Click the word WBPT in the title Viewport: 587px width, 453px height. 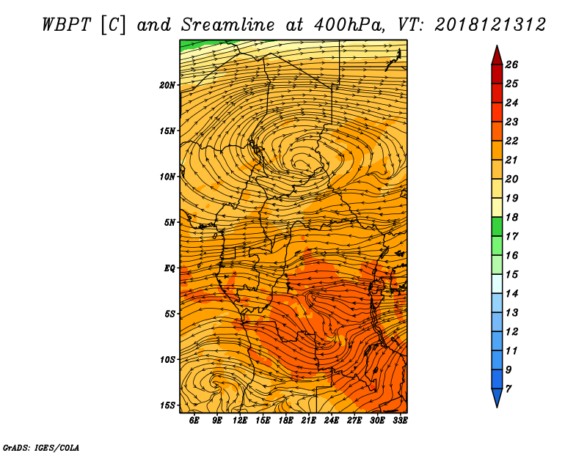[66, 25]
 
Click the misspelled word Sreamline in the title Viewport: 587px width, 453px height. [228, 25]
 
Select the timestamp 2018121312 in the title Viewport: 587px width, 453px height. [490, 25]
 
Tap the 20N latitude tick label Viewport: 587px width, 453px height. [167, 85]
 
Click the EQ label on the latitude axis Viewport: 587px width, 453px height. [169, 268]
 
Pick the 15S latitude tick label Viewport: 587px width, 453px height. [167, 405]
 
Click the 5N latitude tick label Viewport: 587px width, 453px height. [169, 223]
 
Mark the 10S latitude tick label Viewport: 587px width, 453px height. [167, 360]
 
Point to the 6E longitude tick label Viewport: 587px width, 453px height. [194, 420]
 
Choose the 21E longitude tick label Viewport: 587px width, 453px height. [308, 420]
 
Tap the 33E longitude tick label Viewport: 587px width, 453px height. [400, 420]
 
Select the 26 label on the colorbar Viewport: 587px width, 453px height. [511, 65]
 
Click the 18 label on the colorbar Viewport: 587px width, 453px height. [511, 217]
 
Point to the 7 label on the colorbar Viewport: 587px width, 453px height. [508, 389]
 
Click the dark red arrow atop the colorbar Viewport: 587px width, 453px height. [497, 56]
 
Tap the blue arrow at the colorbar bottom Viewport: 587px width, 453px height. [497, 397]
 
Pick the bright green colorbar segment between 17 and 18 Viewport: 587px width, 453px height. [497, 226]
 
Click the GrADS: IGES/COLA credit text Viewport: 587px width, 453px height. [41, 448]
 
